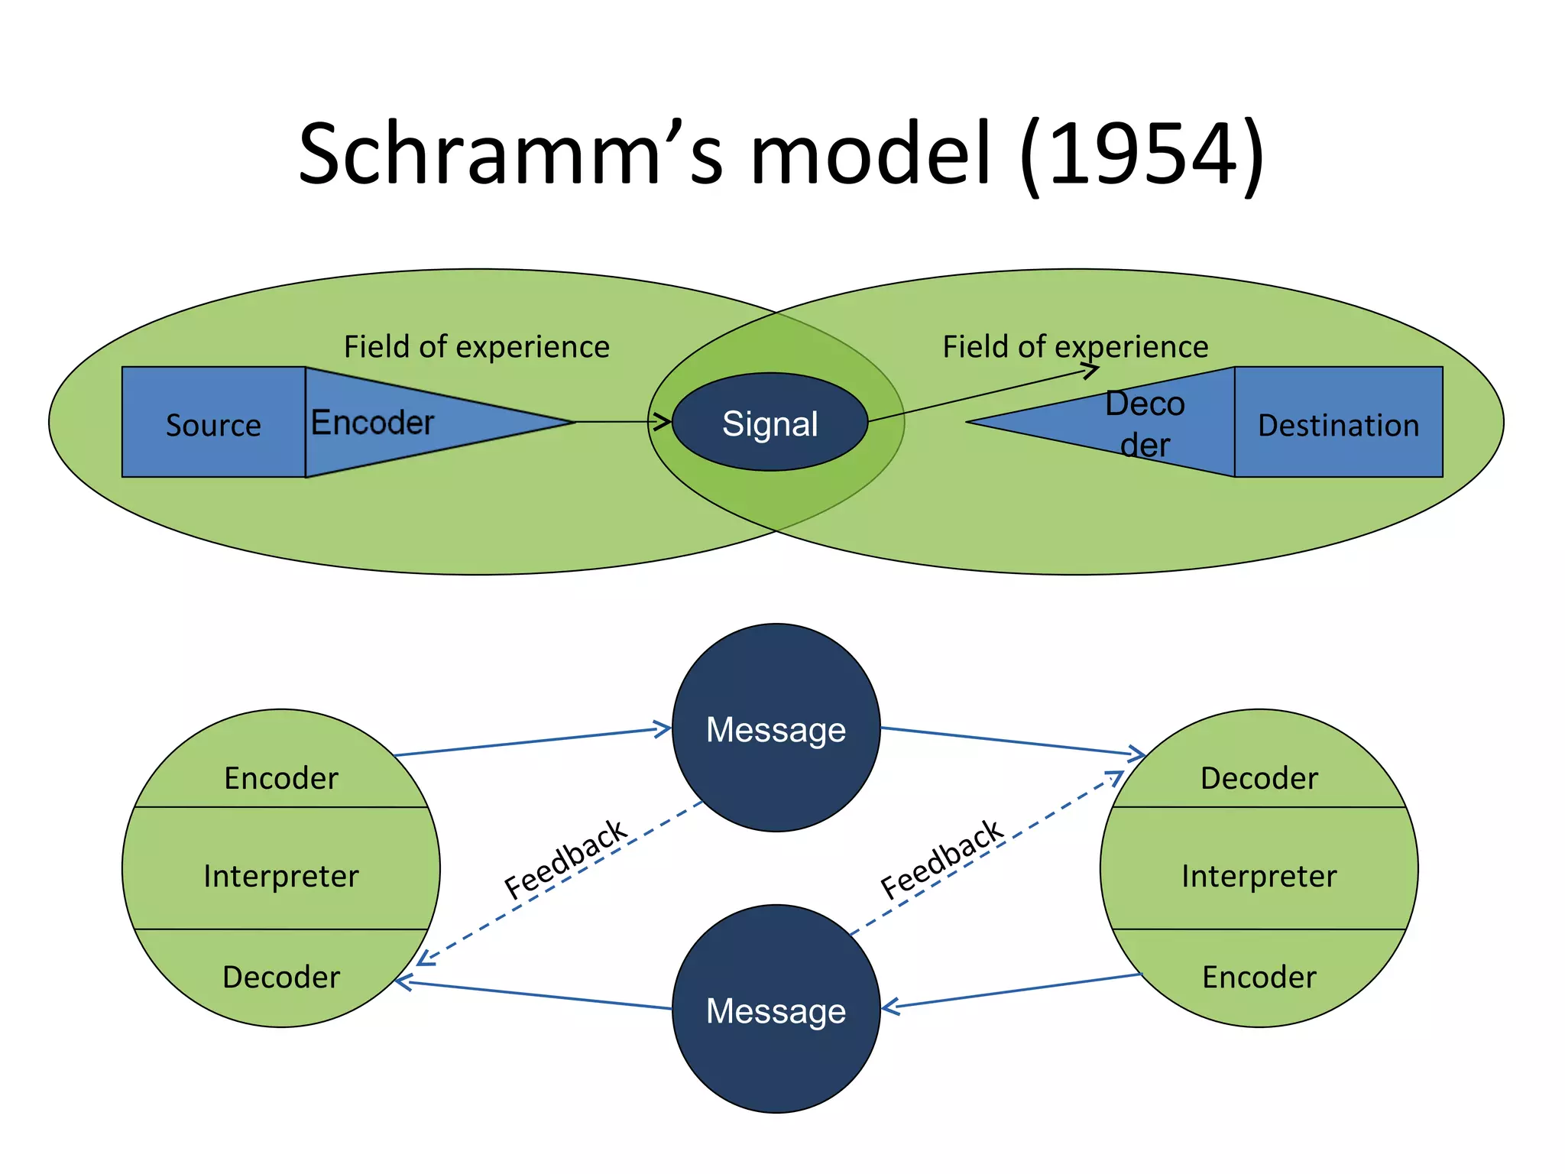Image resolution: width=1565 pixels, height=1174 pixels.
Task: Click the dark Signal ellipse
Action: tap(770, 423)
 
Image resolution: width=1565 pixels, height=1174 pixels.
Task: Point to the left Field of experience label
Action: tap(476, 346)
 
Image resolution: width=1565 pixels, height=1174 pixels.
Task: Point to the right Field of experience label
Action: tap(1074, 346)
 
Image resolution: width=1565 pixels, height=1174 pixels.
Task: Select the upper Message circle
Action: tap(776, 728)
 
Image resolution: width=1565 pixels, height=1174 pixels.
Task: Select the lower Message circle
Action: tap(776, 1010)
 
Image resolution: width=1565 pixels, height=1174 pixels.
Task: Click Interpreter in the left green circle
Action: tap(281, 875)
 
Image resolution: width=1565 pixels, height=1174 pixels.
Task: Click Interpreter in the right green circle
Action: tap(1259, 875)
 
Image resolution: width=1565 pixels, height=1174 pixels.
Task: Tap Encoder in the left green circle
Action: tap(281, 777)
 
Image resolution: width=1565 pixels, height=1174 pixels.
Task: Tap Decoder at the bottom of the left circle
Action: tap(281, 976)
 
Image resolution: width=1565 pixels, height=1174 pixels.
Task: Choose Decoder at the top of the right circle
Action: tap(1259, 777)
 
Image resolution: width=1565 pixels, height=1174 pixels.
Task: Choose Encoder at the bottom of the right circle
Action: tap(1259, 976)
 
